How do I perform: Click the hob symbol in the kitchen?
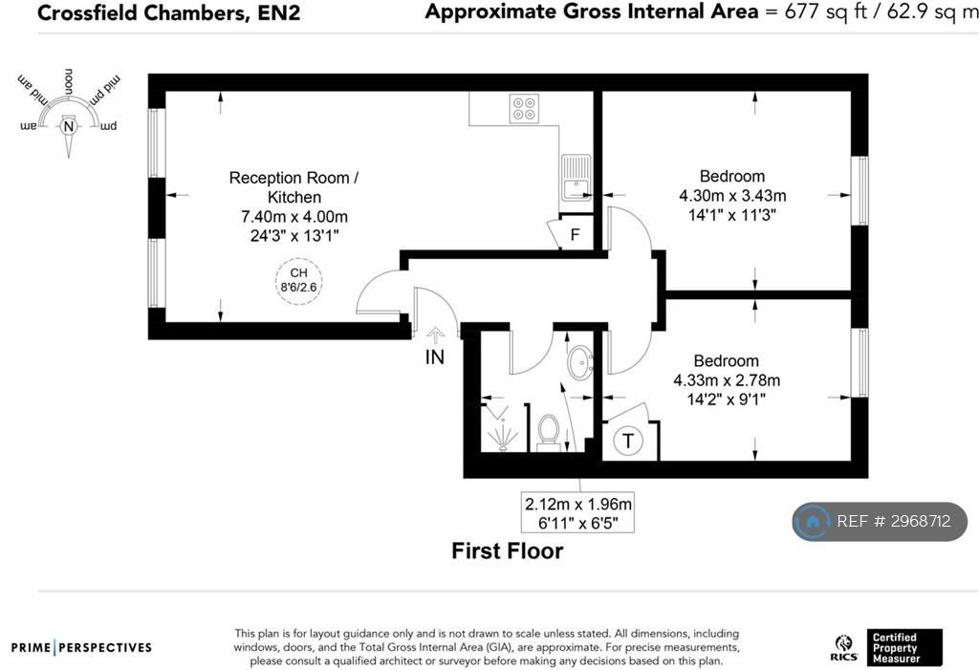point(524,108)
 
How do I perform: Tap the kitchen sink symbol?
point(576,178)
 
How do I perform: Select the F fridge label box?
point(575,234)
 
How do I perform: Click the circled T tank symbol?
point(627,441)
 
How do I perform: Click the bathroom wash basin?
point(580,362)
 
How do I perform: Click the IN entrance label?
point(435,357)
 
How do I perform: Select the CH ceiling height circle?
point(299,280)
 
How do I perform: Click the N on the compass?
point(69,127)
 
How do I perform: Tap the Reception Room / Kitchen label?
point(294,187)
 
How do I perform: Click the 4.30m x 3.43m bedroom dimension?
point(732,195)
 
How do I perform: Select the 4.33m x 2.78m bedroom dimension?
point(727,380)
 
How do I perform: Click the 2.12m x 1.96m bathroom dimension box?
point(578,512)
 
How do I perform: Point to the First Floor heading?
point(508,551)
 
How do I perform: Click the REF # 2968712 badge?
point(880,521)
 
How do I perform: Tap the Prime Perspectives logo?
point(81,647)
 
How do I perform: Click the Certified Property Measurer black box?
point(904,647)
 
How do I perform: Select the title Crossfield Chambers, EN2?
point(168,13)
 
